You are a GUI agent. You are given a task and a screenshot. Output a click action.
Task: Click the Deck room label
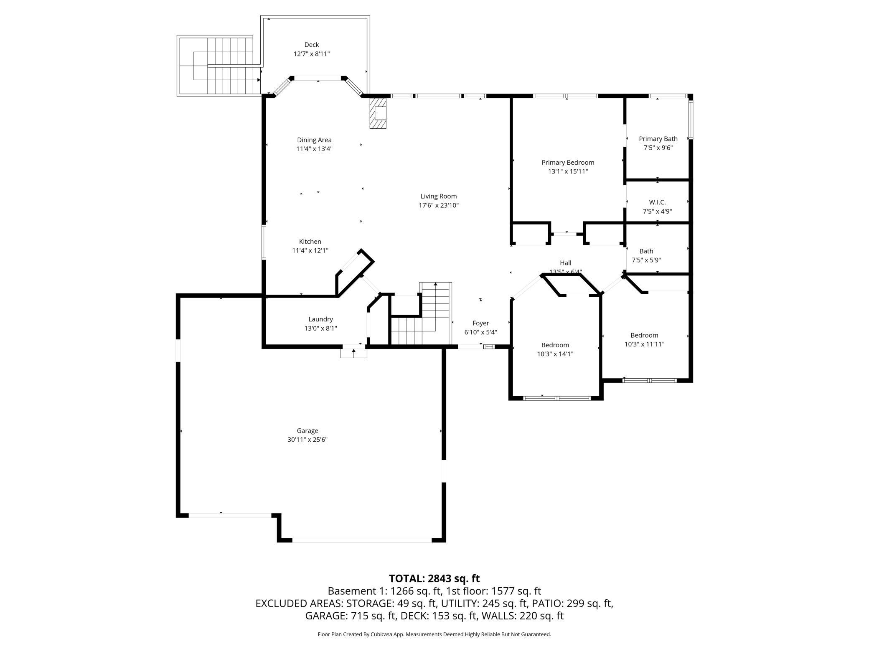(x=311, y=45)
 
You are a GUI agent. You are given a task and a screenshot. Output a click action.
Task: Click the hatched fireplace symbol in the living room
(x=378, y=113)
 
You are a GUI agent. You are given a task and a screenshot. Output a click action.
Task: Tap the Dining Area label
(x=314, y=140)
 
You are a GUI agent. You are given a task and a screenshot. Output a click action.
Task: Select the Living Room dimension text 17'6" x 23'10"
(x=439, y=205)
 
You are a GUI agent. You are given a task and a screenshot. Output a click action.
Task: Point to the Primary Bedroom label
(x=568, y=163)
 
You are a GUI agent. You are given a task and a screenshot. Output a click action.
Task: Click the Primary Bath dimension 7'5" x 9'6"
(x=658, y=148)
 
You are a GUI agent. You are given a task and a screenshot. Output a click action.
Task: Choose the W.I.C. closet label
(x=657, y=202)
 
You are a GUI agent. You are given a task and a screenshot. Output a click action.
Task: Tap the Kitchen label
(x=310, y=242)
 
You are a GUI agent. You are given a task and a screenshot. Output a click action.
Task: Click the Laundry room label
(x=320, y=319)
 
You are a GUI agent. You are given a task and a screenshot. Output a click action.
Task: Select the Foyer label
(x=480, y=323)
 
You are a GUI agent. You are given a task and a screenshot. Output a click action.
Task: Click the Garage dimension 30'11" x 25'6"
(x=307, y=440)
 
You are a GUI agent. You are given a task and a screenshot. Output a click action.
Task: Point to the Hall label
(x=565, y=263)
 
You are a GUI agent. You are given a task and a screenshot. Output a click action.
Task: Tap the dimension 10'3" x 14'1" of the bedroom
(x=555, y=354)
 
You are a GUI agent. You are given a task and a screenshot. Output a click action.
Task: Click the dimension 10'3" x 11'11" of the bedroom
(x=644, y=344)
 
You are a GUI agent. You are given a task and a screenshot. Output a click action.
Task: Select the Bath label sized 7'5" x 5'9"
(x=646, y=251)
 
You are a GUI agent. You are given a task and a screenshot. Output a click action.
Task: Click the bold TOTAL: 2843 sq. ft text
(x=434, y=578)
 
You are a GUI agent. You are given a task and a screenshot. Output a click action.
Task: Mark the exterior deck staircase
(x=226, y=66)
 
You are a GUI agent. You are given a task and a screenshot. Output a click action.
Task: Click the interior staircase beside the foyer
(x=426, y=318)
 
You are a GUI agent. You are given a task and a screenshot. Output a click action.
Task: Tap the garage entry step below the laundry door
(x=353, y=353)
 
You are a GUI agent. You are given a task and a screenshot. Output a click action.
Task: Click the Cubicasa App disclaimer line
(x=434, y=634)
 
